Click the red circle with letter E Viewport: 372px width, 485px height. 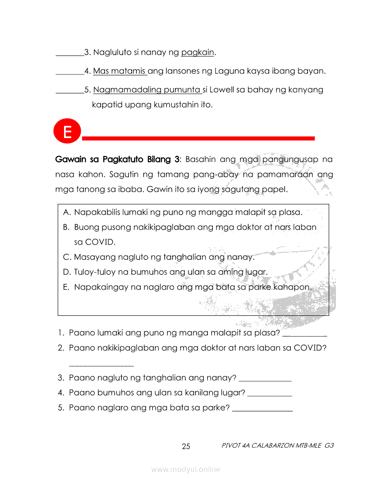click(x=67, y=132)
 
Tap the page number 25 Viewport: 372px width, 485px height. click(x=186, y=447)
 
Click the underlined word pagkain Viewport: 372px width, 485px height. click(x=198, y=53)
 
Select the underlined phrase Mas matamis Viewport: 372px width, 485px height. click(x=119, y=71)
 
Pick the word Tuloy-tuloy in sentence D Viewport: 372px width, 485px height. click(x=96, y=272)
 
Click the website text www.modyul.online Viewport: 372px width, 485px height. click(x=186, y=470)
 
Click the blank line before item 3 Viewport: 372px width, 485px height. click(x=69, y=55)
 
